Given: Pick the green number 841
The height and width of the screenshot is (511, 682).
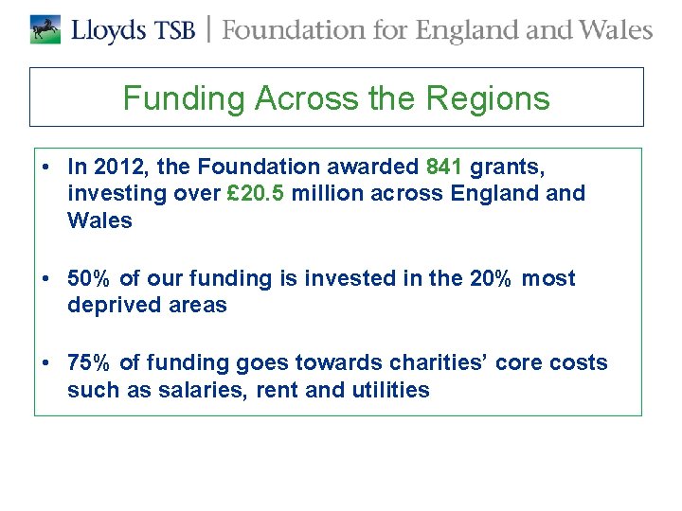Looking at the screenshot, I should point(445,167).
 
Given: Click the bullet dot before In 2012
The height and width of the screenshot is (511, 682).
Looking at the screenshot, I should point(45,167).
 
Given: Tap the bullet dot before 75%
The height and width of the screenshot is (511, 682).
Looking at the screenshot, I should point(45,363).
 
